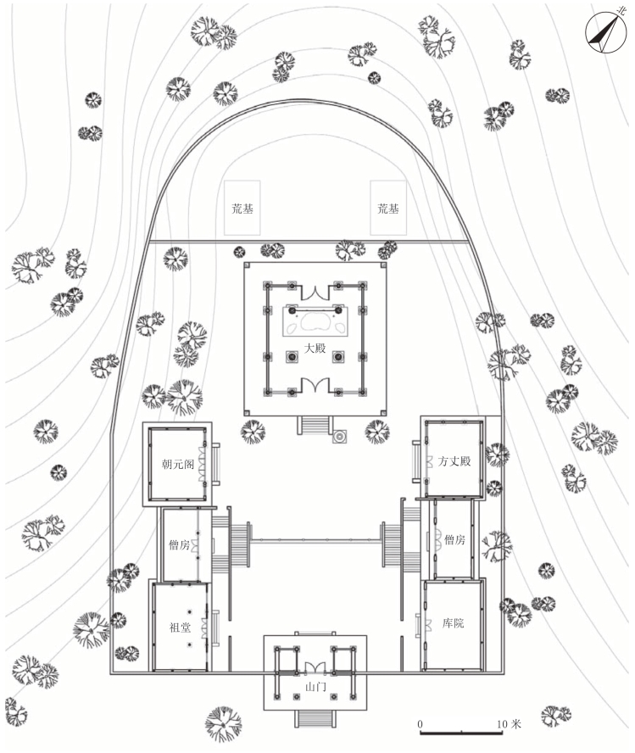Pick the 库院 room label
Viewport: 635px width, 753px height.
click(x=453, y=623)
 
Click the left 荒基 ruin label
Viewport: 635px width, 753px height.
click(x=243, y=208)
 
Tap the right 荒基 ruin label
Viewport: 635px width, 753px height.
click(x=387, y=208)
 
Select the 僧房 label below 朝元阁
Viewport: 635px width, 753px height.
click(x=179, y=545)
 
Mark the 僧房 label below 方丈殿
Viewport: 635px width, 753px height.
click(x=454, y=540)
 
